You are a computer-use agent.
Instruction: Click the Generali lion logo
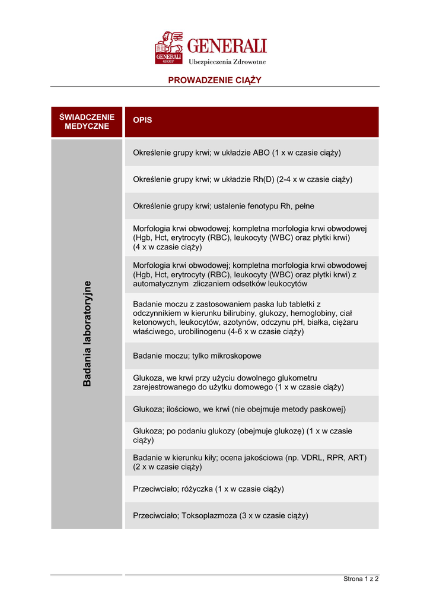[x=169, y=48]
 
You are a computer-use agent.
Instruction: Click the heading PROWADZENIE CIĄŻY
[x=215, y=80]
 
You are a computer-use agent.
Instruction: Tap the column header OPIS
[x=142, y=120]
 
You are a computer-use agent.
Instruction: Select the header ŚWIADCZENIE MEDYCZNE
[x=87, y=122]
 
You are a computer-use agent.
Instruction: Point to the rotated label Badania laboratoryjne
[x=87, y=333]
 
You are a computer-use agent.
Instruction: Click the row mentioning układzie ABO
[x=237, y=153]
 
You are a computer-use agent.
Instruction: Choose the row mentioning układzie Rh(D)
[x=243, y=179]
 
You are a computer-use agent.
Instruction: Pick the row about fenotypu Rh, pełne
[x=224, y=206]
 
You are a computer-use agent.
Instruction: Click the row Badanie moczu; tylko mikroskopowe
[x=197, y=356]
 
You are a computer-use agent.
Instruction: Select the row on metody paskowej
[x=239, y=409]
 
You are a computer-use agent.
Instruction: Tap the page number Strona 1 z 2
[x=361, y=579]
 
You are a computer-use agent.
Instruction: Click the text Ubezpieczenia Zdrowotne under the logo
[x=227, y=62]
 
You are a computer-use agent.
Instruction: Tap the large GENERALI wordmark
[x=227, y=46]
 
